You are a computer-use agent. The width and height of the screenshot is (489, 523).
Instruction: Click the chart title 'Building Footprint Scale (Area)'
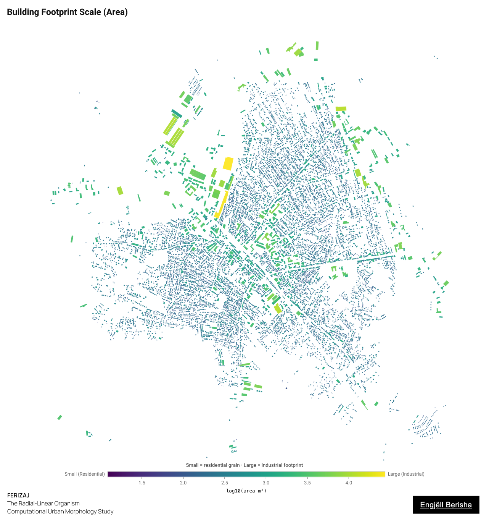click(67, 12)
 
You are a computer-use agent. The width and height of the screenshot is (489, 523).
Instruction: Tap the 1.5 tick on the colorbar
click(142, 483)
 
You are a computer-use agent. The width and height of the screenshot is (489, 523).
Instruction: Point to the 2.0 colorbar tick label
click(183, 483)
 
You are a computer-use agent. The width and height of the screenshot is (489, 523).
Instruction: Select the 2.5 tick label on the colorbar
click(225, 483)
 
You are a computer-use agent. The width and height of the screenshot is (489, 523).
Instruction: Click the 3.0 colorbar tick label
click(266, 483)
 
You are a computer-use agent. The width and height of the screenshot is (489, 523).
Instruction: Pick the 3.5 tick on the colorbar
click(307, 483)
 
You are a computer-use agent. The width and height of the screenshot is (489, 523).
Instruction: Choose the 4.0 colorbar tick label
click(349, 483)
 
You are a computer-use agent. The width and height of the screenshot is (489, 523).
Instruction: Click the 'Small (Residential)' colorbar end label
click(85, 474)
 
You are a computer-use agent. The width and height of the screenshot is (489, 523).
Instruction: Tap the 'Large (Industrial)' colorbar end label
click(406, 474)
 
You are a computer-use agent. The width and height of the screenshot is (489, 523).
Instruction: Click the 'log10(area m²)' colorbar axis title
click(246, 491)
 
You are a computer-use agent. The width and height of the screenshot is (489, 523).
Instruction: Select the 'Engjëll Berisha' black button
click(446, 505)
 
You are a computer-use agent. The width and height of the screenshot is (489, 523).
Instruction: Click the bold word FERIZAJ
click(18, 495)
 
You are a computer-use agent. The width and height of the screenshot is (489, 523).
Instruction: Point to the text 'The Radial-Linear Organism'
click(43, 504)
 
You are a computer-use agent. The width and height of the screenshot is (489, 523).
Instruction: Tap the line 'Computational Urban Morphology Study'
click(60, 512)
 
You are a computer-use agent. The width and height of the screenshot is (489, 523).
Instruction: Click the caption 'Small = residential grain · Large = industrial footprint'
click(245, 465)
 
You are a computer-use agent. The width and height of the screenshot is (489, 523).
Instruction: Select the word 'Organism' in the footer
click(67, 504)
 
